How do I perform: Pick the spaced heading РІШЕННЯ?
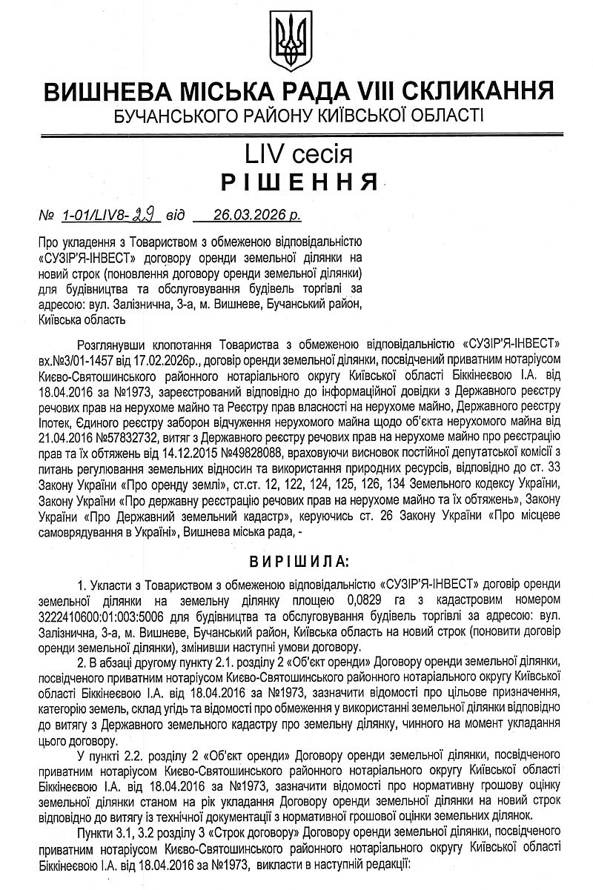click(x=296, y=182)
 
